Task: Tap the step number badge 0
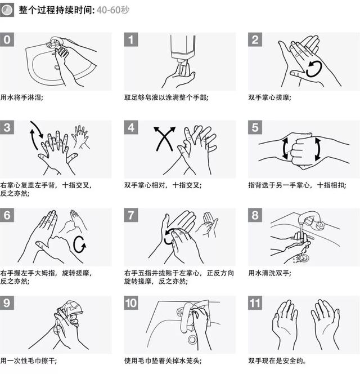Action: tap(7, 40)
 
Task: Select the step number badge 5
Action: tap(255, 127)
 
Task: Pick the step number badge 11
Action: tap(255, 303)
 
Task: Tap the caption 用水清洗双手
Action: tap(270, 273)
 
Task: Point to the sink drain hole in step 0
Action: tap(57, 67)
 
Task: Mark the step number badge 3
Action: tap(7, 127)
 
